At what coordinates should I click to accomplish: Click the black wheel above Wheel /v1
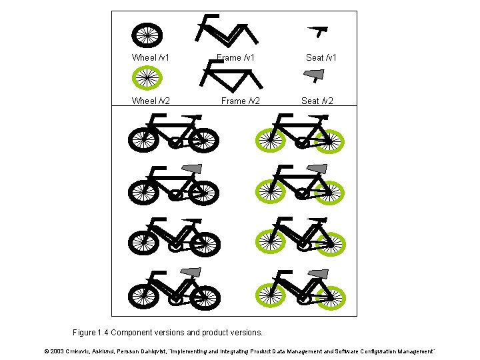coord(147,34)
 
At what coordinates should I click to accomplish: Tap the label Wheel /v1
coord(150,57)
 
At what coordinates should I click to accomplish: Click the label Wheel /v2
coord(150,101)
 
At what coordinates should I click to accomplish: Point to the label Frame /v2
coord(240,101)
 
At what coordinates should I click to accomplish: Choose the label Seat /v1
coord(321,57)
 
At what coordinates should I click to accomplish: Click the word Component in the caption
coord(140,332)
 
